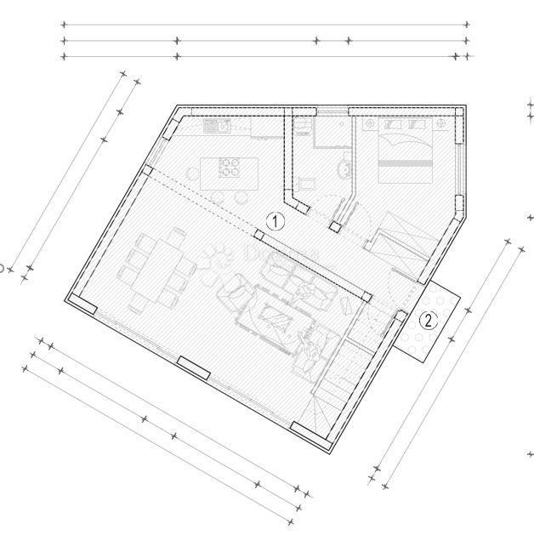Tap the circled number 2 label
(429, 320)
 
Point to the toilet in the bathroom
(344, 170)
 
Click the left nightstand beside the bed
(371, 124)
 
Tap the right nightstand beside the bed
(442, 124)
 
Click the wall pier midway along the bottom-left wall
(194, 367)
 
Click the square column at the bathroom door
(336, 228)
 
